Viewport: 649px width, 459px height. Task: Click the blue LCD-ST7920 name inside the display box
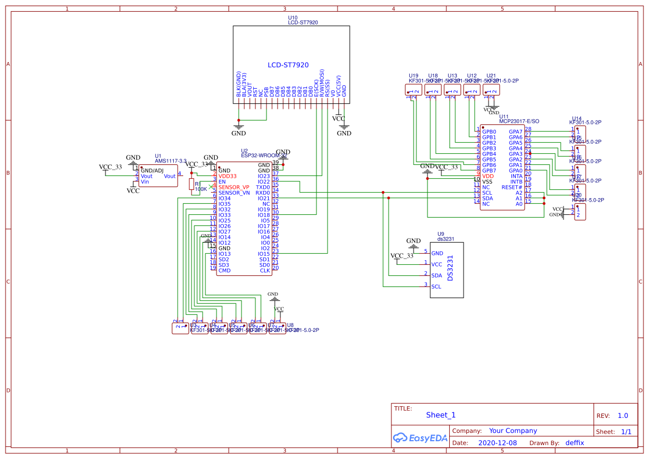[288, 65]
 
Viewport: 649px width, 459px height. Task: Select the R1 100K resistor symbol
[192, 185]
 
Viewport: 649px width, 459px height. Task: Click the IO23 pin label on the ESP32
[264, 176]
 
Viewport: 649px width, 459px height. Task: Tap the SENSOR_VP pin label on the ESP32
[234, 187]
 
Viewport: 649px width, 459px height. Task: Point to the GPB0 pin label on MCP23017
[489, 132]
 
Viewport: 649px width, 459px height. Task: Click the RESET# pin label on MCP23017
[512, 187]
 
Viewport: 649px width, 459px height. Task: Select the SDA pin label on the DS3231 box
[437, 276]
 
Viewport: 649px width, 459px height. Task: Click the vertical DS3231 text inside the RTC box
[451, 267]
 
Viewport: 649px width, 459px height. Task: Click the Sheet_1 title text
[441, 415]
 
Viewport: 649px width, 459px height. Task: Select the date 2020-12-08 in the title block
[497, 443]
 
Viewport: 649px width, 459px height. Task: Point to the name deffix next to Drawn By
[575, 443]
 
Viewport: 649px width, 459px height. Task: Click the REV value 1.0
[623, 416]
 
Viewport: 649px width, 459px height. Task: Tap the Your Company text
[513, 431]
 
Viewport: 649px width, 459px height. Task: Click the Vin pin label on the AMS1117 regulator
[145, 181]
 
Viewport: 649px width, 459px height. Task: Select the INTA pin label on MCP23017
[516, 176]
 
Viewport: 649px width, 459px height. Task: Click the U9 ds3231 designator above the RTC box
[446, 236]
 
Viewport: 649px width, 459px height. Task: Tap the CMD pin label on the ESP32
[224, 270]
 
